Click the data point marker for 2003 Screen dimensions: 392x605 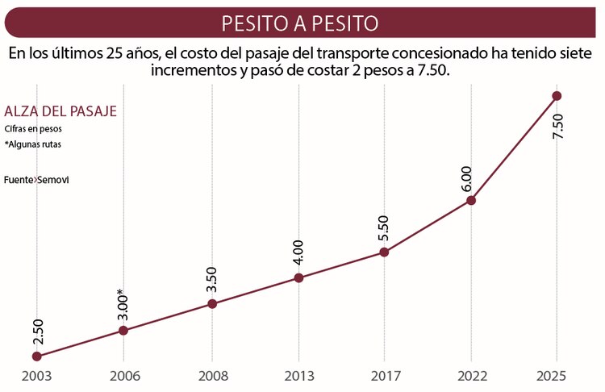36,356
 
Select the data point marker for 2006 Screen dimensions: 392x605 123,330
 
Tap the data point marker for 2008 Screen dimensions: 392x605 212,304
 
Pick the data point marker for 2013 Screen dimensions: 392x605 298,278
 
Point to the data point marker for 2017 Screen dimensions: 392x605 384,252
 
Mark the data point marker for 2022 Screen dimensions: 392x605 471,200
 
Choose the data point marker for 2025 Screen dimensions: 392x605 557,96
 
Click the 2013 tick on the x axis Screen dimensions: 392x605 298,376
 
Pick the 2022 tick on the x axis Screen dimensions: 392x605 471,376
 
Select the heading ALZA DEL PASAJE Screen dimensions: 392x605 60,111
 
